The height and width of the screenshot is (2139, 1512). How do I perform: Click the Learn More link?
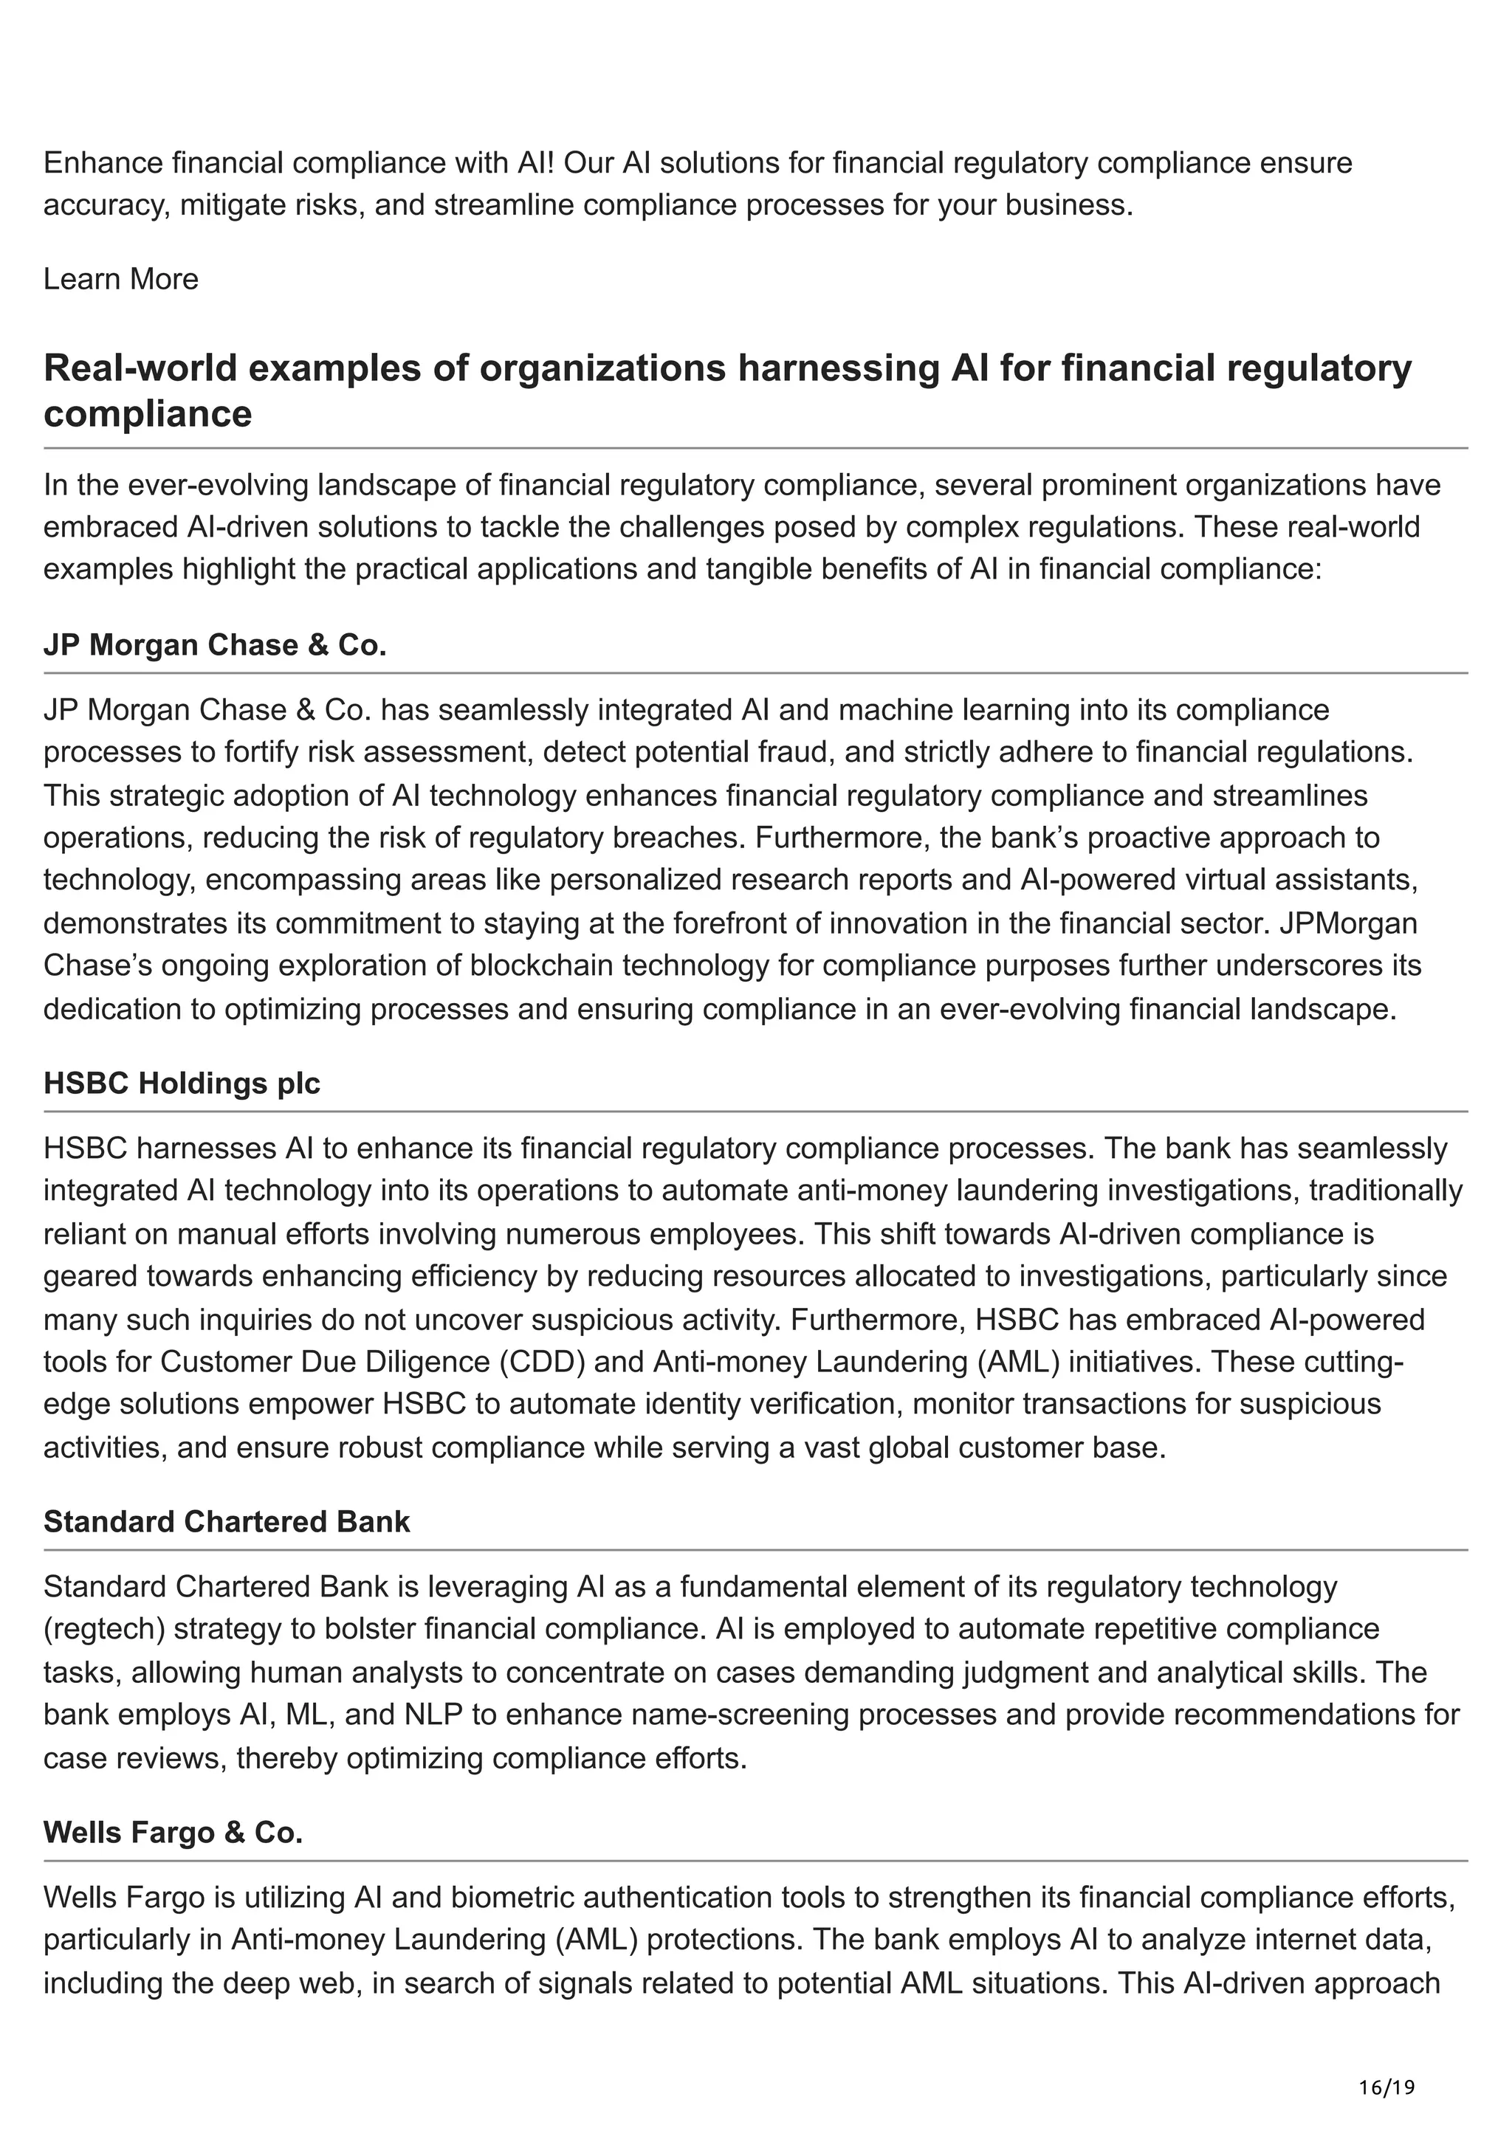120,280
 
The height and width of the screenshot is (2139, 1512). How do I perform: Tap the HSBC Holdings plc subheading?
182,1084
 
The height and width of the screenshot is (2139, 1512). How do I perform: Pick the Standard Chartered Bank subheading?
227,1521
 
